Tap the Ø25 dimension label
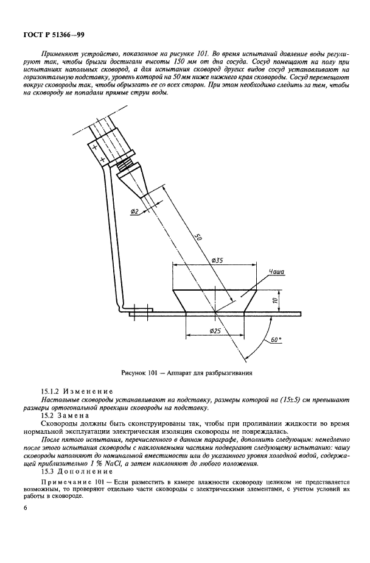point(214,330)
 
